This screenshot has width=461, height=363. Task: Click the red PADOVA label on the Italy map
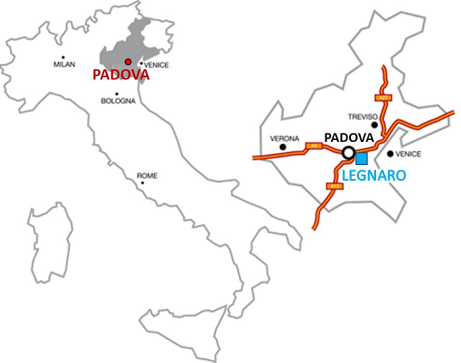(x=121, y=75)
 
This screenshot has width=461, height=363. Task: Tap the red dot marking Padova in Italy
(x=128, y=62)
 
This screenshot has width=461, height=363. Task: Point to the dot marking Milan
(x=64, y=57)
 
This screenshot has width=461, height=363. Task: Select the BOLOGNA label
(x=119, y=101)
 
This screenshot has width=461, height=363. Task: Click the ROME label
(x=147, y=176)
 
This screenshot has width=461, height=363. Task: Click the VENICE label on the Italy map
(x=157, y=65)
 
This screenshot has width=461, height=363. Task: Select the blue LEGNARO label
(x=374, y=176)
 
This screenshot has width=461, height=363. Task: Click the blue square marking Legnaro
(x=361, y=158)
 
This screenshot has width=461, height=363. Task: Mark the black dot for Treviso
(x=374, y=124)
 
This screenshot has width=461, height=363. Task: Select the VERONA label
(x=285, y=139)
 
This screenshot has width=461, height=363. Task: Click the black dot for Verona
(x=283, y=147)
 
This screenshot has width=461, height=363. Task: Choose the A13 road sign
(x=334, y=187)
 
